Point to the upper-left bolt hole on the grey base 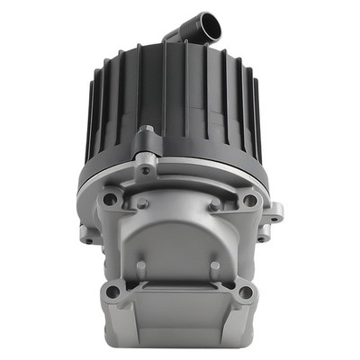110,199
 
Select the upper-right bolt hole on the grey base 249,200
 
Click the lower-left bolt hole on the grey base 112,291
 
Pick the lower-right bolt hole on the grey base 246,291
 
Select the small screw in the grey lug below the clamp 146,170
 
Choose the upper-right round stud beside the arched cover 217,205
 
